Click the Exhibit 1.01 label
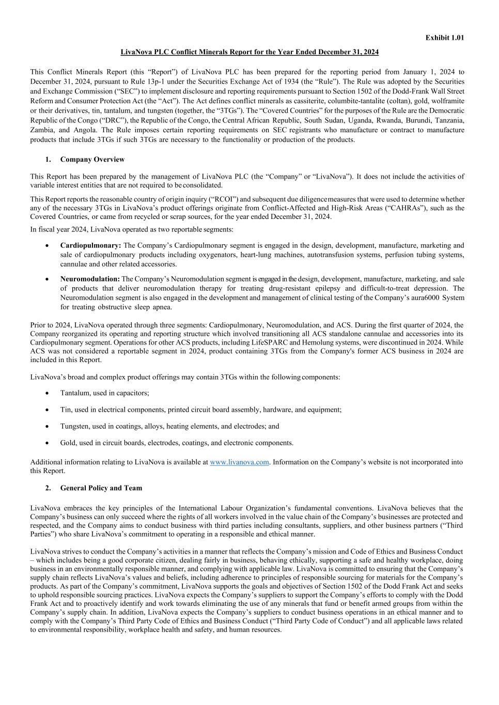[x=444, y=38]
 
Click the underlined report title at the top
[x=249, y=52]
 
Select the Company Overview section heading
[x=92, y=160]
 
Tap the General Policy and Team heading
[x=101, y=488]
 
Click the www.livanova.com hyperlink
[x=239, y=462]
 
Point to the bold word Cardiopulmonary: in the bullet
[x=90, y=245]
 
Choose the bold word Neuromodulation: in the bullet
[x=90, y=279]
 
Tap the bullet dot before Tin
[x=48, y=410]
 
